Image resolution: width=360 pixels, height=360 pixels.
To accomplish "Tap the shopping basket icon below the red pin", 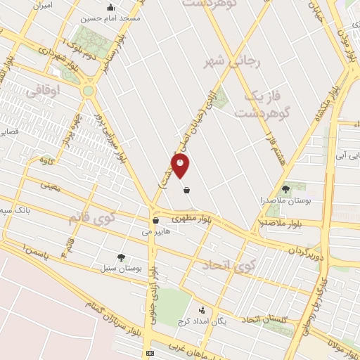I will pos(186,190).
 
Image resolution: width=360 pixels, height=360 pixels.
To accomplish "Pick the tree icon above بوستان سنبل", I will pos(122,258).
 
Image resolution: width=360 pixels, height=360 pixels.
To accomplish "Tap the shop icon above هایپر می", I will pos(155,221).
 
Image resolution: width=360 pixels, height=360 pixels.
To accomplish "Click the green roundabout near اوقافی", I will pos(88,90).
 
